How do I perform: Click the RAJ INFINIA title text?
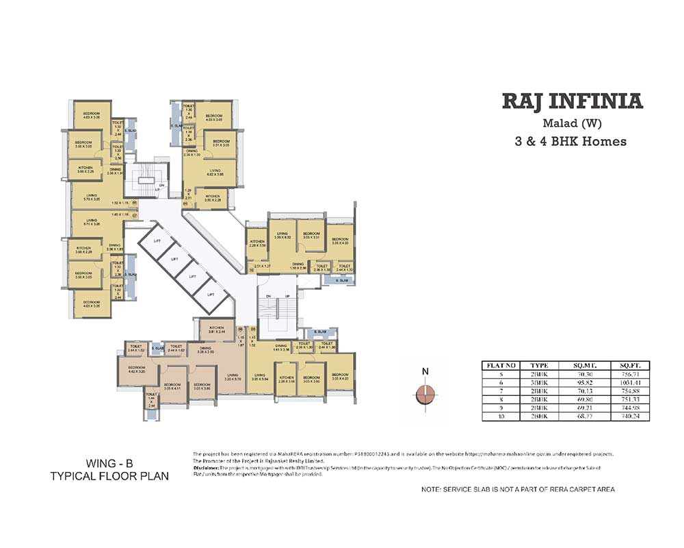573,102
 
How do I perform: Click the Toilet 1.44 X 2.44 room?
152,400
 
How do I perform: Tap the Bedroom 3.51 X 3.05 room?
220,143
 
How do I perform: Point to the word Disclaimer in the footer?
207,469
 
